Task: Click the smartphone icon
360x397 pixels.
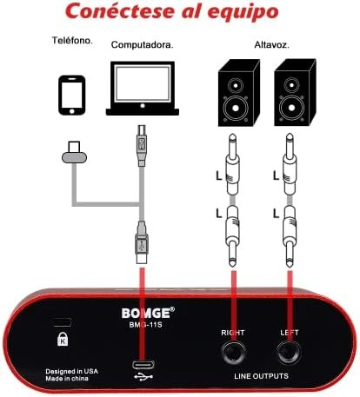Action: pyautogui.click(x=72, y=96)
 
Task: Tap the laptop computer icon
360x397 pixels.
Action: pyautogui.click(x=143, y=89)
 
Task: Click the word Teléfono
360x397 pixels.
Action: pyautogui.click(x=72, y=40)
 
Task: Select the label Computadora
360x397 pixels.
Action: pyautogui.click(x=143, y=45)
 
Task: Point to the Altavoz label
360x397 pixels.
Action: pyautogui.click(x=272, y=45)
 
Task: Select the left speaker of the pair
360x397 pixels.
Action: pyautogui.click(x=238, y=93)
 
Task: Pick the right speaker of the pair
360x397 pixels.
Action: pyautogui.click(x=295, y=93)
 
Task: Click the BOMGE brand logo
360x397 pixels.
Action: pyautogui.click(x=148, y=313)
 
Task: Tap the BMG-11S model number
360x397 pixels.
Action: pyautogui.click(x=145, y=325)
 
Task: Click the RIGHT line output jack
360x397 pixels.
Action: pyautogui.click(x=233, y=353)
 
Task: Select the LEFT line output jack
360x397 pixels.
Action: pyautogui.click(x=289, y=353)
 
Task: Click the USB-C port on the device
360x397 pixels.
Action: pyautogui.click(x=143, y=365)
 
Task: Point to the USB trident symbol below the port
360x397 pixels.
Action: pyautogui.click(x=143, y=377)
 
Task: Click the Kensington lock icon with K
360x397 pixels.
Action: pyautogui.click(x=63, y=339)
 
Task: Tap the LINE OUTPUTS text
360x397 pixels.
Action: pyautogui.click(x=261, y=376)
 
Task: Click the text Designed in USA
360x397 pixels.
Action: pyautogui.click(x=72, y=371)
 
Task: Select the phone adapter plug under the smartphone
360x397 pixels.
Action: pyautogui.click(x=74, y=152)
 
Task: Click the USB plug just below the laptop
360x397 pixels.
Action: pyautogui.click(x=142, y=145)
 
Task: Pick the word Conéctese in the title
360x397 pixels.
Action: pyautogui.click(x=120, y=11)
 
